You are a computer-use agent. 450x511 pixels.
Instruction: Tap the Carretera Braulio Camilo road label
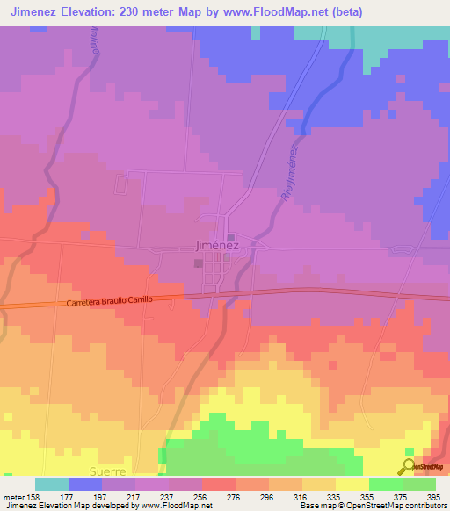click(110, 301)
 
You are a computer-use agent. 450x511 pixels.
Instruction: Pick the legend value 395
click(431, 496)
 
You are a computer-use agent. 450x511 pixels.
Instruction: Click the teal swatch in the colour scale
click(52, 484)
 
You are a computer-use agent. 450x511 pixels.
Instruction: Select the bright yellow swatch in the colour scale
click(352, 484)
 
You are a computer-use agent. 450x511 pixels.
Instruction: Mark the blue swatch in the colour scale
click(85, 484)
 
